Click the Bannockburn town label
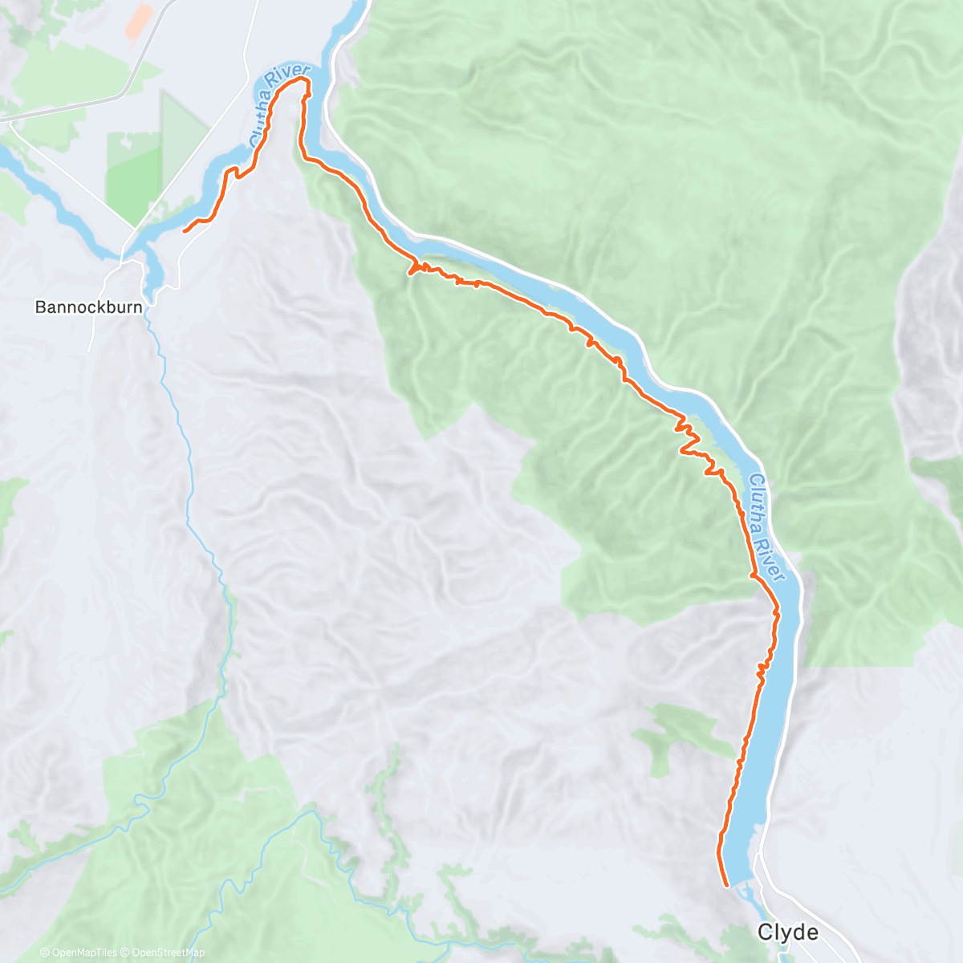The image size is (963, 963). tap(89, 307)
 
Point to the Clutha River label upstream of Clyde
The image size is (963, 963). tap(766, 526)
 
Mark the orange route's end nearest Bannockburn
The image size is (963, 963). tap(185, 231)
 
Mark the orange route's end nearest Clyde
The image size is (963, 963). tap(727, 886)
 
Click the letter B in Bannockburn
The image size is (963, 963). tap(40, 307)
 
